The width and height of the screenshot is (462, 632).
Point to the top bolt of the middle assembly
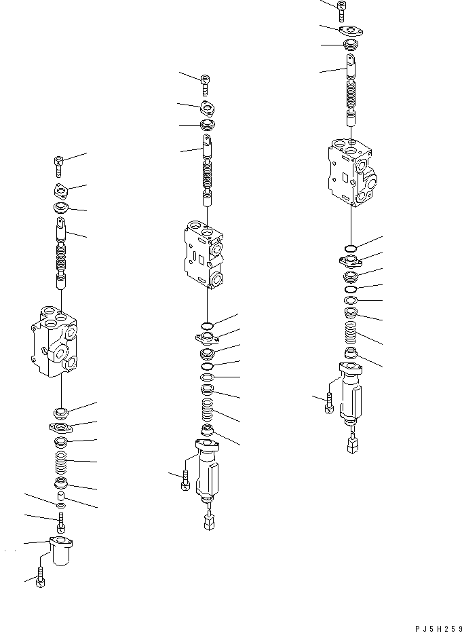205,86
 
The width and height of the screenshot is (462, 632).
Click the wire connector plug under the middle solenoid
207,521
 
